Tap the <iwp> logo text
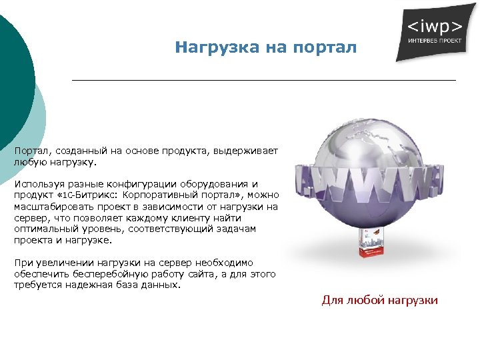click(435, 27)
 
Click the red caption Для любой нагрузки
click(379, 300)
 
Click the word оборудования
click(211, 183)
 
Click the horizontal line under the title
click(263, 80)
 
